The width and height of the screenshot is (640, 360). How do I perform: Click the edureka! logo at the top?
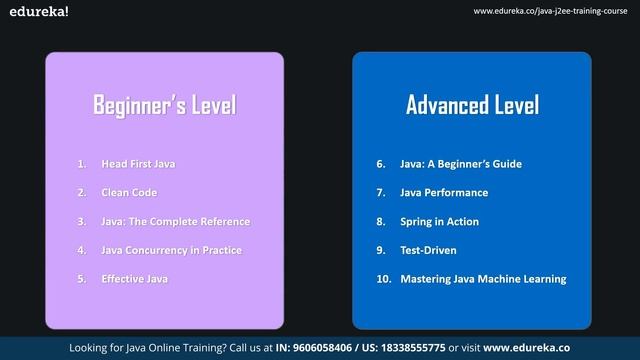(35, 12)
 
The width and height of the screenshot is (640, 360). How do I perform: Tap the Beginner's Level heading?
(164, 105)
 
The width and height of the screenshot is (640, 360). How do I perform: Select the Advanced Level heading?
(472, 105)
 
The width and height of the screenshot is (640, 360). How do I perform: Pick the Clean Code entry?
(129, 192)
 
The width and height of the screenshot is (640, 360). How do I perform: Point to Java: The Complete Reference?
(175, 221)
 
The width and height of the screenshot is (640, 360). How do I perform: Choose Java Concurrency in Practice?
(171, 250)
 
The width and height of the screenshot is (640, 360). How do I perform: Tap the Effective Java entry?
(134, 279)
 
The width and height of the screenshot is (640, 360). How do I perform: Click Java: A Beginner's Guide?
(461, 163)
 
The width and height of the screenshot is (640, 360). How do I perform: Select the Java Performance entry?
(444, 192)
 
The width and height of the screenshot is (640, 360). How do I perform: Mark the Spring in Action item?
(439, 221)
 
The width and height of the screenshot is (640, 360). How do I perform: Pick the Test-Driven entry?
(428, 250)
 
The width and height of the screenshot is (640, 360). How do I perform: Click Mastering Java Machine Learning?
(483, 279)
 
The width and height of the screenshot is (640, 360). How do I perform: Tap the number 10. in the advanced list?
(383, 279)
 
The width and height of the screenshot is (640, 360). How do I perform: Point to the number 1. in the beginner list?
(82, 163)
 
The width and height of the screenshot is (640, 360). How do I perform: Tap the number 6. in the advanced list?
(381, 163)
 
